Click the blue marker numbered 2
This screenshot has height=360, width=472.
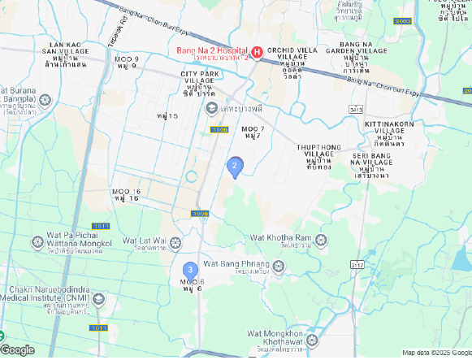coord(235,167)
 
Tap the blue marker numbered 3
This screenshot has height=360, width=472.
coord(190,270)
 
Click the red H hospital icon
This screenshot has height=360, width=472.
coord(257,53)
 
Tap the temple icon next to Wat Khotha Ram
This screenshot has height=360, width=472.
coord(321,240)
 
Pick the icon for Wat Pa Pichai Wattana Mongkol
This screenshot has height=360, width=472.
coord(38,241)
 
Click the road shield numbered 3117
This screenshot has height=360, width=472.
coord(356,264)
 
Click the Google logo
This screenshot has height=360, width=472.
coord(18,350)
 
